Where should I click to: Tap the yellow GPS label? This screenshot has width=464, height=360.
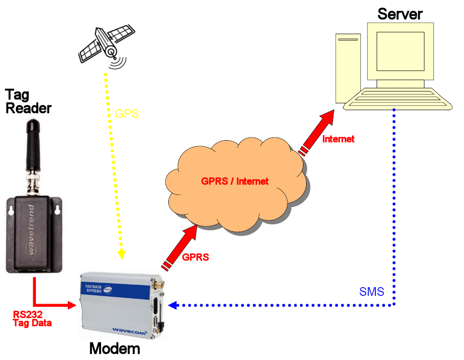tap(126, 114)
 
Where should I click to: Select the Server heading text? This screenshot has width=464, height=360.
tap(399, 14)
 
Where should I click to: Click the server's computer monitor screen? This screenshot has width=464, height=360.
tap(400, 51)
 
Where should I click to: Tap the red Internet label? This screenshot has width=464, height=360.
tap(338, 139)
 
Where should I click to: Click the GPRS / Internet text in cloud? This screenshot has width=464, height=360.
tap(235, 181)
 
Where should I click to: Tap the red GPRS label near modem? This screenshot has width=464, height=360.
tap(195, 257)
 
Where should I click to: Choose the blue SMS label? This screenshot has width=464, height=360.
tap(372, 292)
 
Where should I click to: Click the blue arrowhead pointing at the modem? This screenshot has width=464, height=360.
tap(171, 305)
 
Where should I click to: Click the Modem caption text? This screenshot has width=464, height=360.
tap(115, 349)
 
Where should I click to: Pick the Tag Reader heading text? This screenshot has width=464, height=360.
tap(28, 101)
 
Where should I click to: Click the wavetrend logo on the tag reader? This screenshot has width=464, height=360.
tap(36, 232)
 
